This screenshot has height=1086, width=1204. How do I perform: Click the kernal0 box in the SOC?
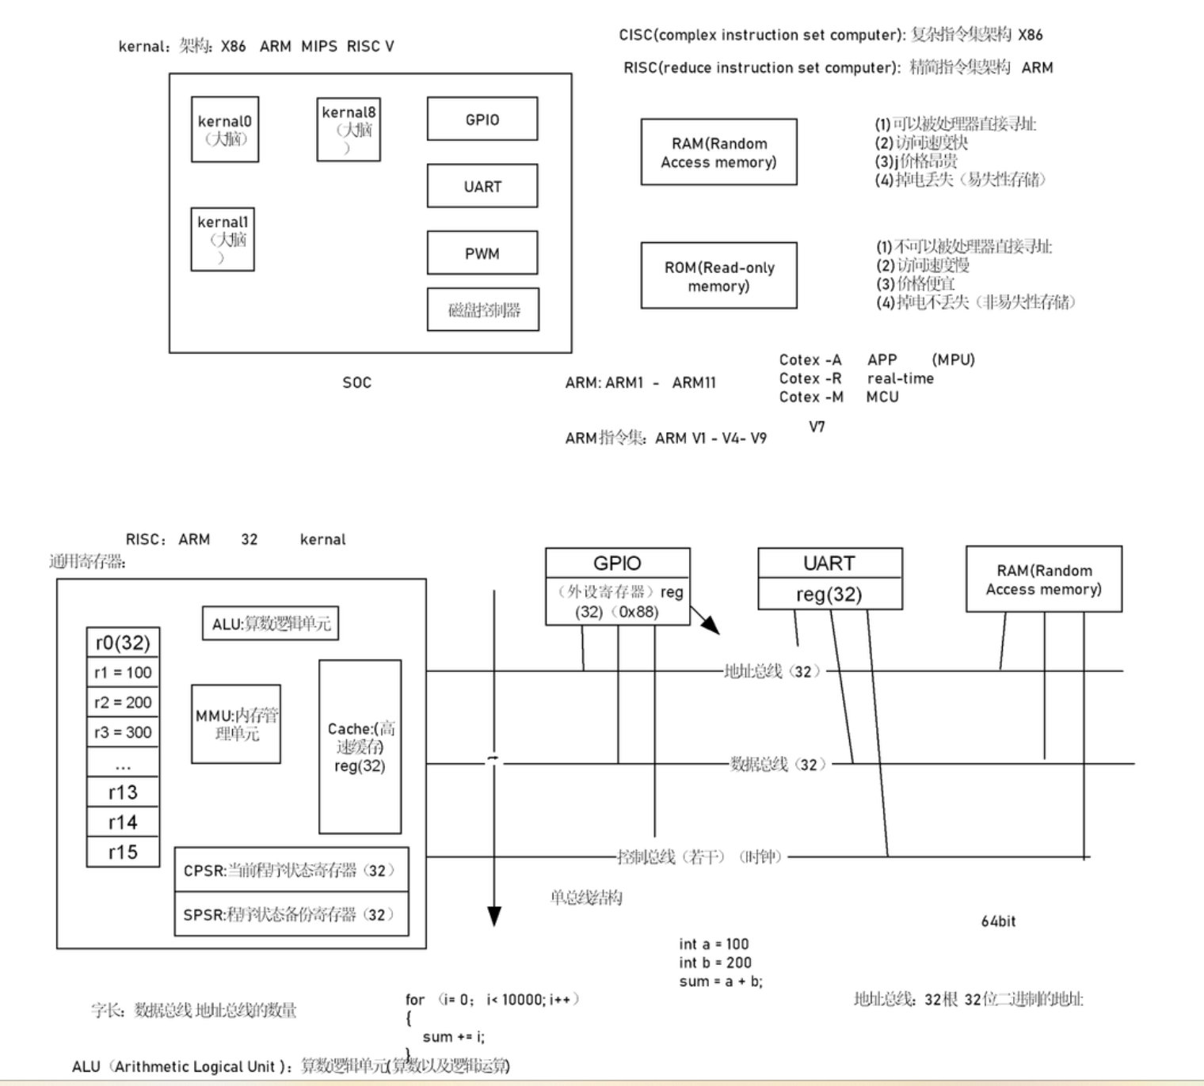225,130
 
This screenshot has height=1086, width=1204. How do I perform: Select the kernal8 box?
349,130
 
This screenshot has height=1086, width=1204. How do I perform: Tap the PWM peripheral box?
482,253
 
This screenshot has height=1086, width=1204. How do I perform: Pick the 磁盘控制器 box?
483,309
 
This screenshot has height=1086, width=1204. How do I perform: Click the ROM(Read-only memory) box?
718,275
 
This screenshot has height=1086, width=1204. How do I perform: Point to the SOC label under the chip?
356,382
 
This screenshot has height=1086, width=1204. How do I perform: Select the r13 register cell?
123,792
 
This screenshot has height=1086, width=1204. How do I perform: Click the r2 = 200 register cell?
123,702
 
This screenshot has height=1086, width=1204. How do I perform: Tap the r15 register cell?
123,852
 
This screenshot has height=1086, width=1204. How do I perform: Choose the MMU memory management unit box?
236,724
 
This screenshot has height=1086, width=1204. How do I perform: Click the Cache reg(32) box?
360,746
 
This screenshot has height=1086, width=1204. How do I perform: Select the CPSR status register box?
291,870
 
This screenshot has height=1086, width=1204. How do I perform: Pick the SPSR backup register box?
291,914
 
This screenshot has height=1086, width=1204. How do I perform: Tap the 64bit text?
998,921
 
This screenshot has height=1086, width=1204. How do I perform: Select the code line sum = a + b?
721,982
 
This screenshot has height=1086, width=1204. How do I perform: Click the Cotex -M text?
811,397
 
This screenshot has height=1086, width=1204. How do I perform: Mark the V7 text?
817,427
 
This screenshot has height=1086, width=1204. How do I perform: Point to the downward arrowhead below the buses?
494,916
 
